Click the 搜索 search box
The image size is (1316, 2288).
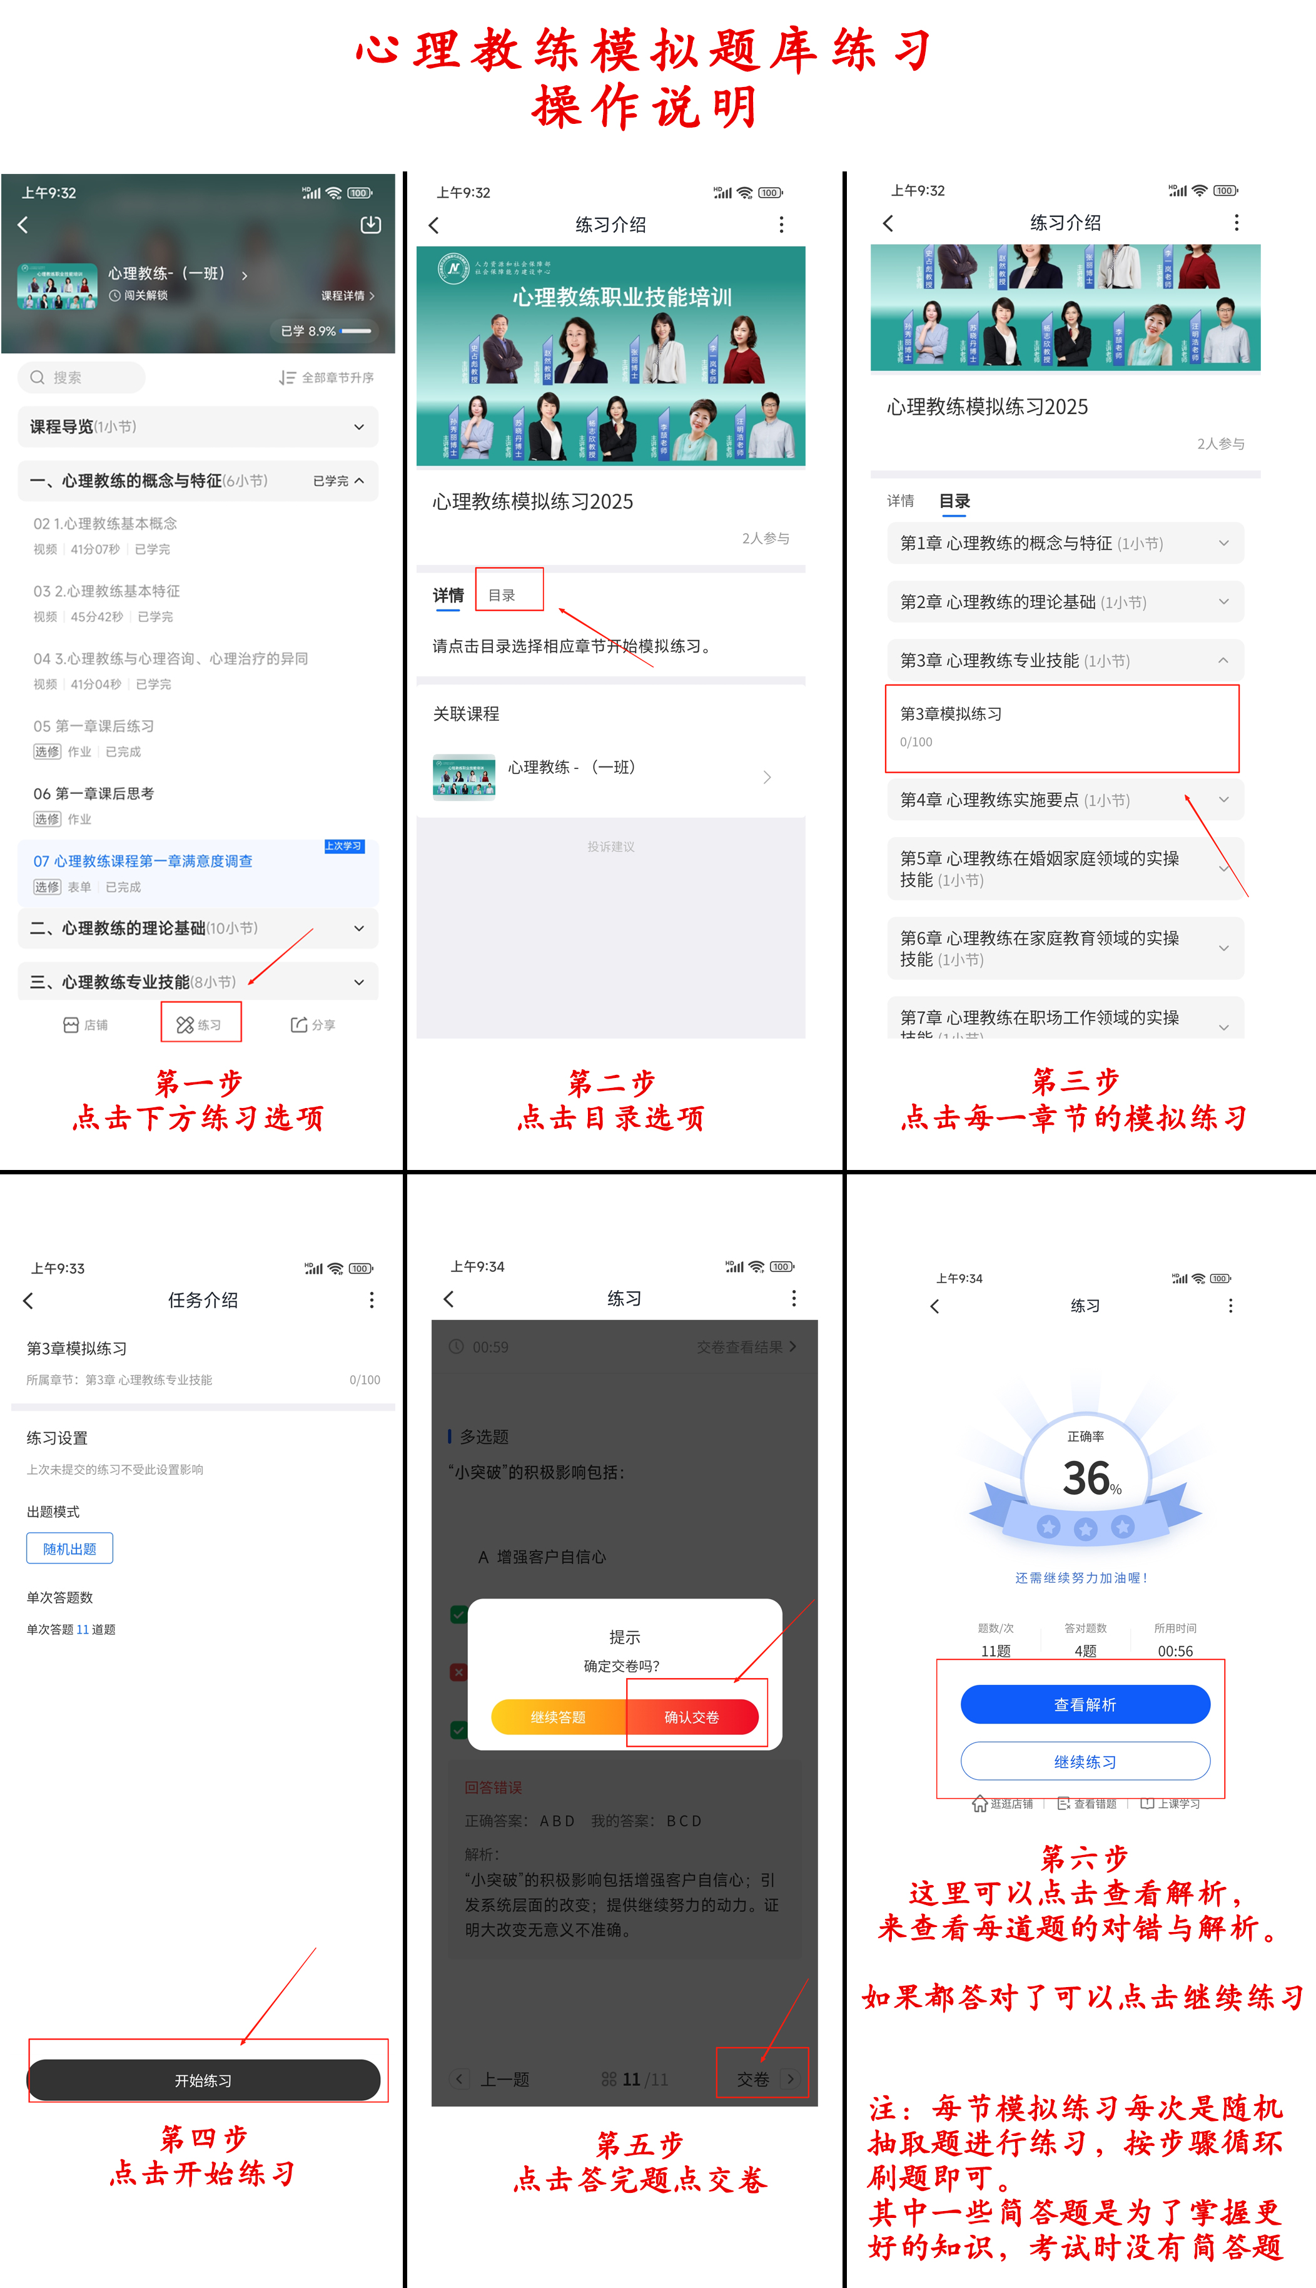coord(81,377)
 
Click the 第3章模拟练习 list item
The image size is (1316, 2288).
coord(1061,727)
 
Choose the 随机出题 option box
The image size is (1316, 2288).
coord(69,1548)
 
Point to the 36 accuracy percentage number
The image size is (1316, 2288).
coord(1086,1478)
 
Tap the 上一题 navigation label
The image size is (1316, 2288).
coord(504,2078)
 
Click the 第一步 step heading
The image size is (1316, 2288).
coord(199,1082)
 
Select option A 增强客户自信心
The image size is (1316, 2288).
coord(542,1556)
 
